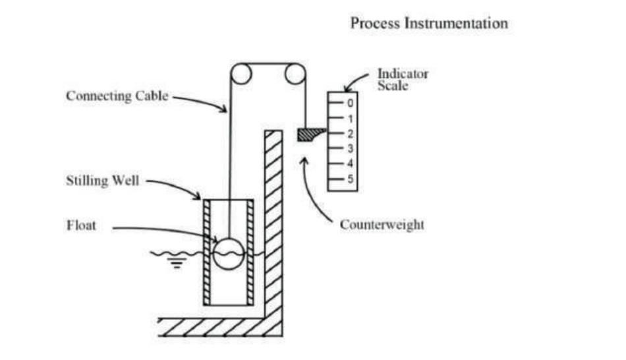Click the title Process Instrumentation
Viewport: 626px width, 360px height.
429,24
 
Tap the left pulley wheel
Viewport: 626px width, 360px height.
241,74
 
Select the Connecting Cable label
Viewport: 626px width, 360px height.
117,96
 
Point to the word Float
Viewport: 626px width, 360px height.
81,225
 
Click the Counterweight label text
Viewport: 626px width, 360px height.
382,225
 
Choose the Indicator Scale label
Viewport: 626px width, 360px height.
402,79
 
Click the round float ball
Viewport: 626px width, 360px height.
228,253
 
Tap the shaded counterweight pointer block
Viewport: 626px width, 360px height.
309,135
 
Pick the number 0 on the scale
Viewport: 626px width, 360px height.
351,104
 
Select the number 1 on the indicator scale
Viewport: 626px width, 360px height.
351,119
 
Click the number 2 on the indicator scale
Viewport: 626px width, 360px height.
351,134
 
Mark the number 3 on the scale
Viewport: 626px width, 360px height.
351,148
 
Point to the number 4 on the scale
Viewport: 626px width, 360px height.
351,164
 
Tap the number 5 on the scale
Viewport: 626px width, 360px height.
351,179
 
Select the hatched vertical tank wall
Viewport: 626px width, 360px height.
273,224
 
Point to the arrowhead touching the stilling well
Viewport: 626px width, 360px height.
198,196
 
